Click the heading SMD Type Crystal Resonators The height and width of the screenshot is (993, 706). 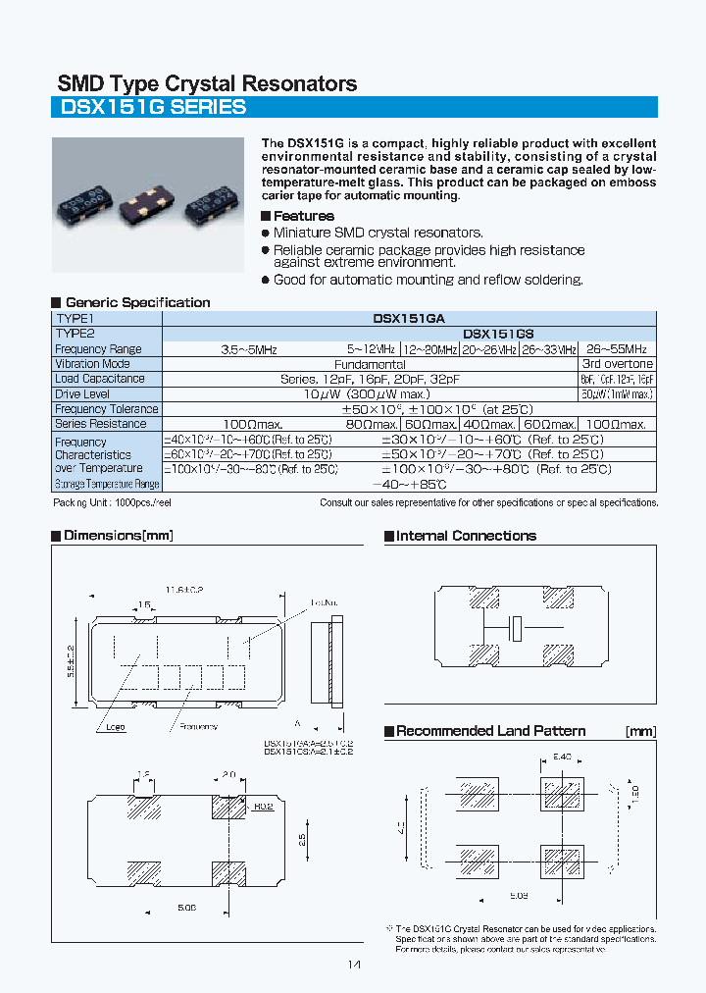click(x=207, y=83)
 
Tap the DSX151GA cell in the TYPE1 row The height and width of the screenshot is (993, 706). click(x=409, y=319)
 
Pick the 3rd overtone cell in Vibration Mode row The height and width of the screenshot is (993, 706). click(x=617, y=364)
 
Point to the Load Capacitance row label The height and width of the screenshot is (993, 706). click(x=100, y=379)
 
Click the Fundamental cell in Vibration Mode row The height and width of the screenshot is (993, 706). click(x=370, y=364)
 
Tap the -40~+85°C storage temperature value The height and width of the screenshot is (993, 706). click(x=410, y=484)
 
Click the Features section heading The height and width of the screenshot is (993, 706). click(x=303, y=216)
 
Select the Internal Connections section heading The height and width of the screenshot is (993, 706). click(x=466, y=536)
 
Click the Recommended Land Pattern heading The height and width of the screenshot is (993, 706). click(x=490, y=731)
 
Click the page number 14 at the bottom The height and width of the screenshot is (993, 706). click(x=354, y=966)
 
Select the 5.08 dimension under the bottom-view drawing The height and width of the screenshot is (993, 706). click(x=188, y=909)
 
